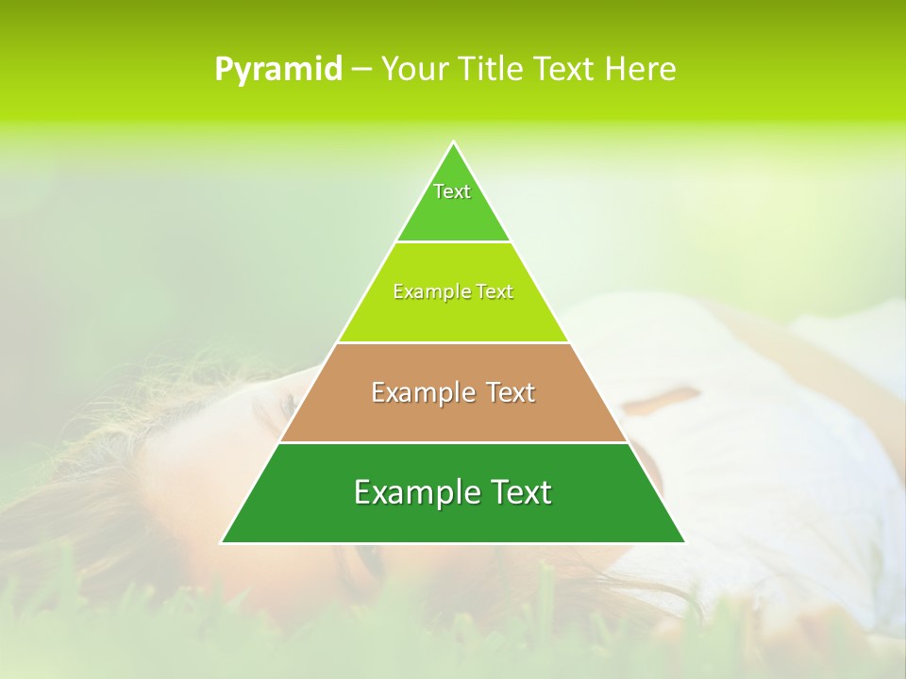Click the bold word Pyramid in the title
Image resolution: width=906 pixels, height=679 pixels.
277,70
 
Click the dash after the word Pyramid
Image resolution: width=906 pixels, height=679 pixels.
361,70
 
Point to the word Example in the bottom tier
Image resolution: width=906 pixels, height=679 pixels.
411,492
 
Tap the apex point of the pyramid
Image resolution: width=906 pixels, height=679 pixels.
453,143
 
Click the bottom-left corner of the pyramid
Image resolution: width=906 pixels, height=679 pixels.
223,542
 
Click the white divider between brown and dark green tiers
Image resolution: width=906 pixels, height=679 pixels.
453,442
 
